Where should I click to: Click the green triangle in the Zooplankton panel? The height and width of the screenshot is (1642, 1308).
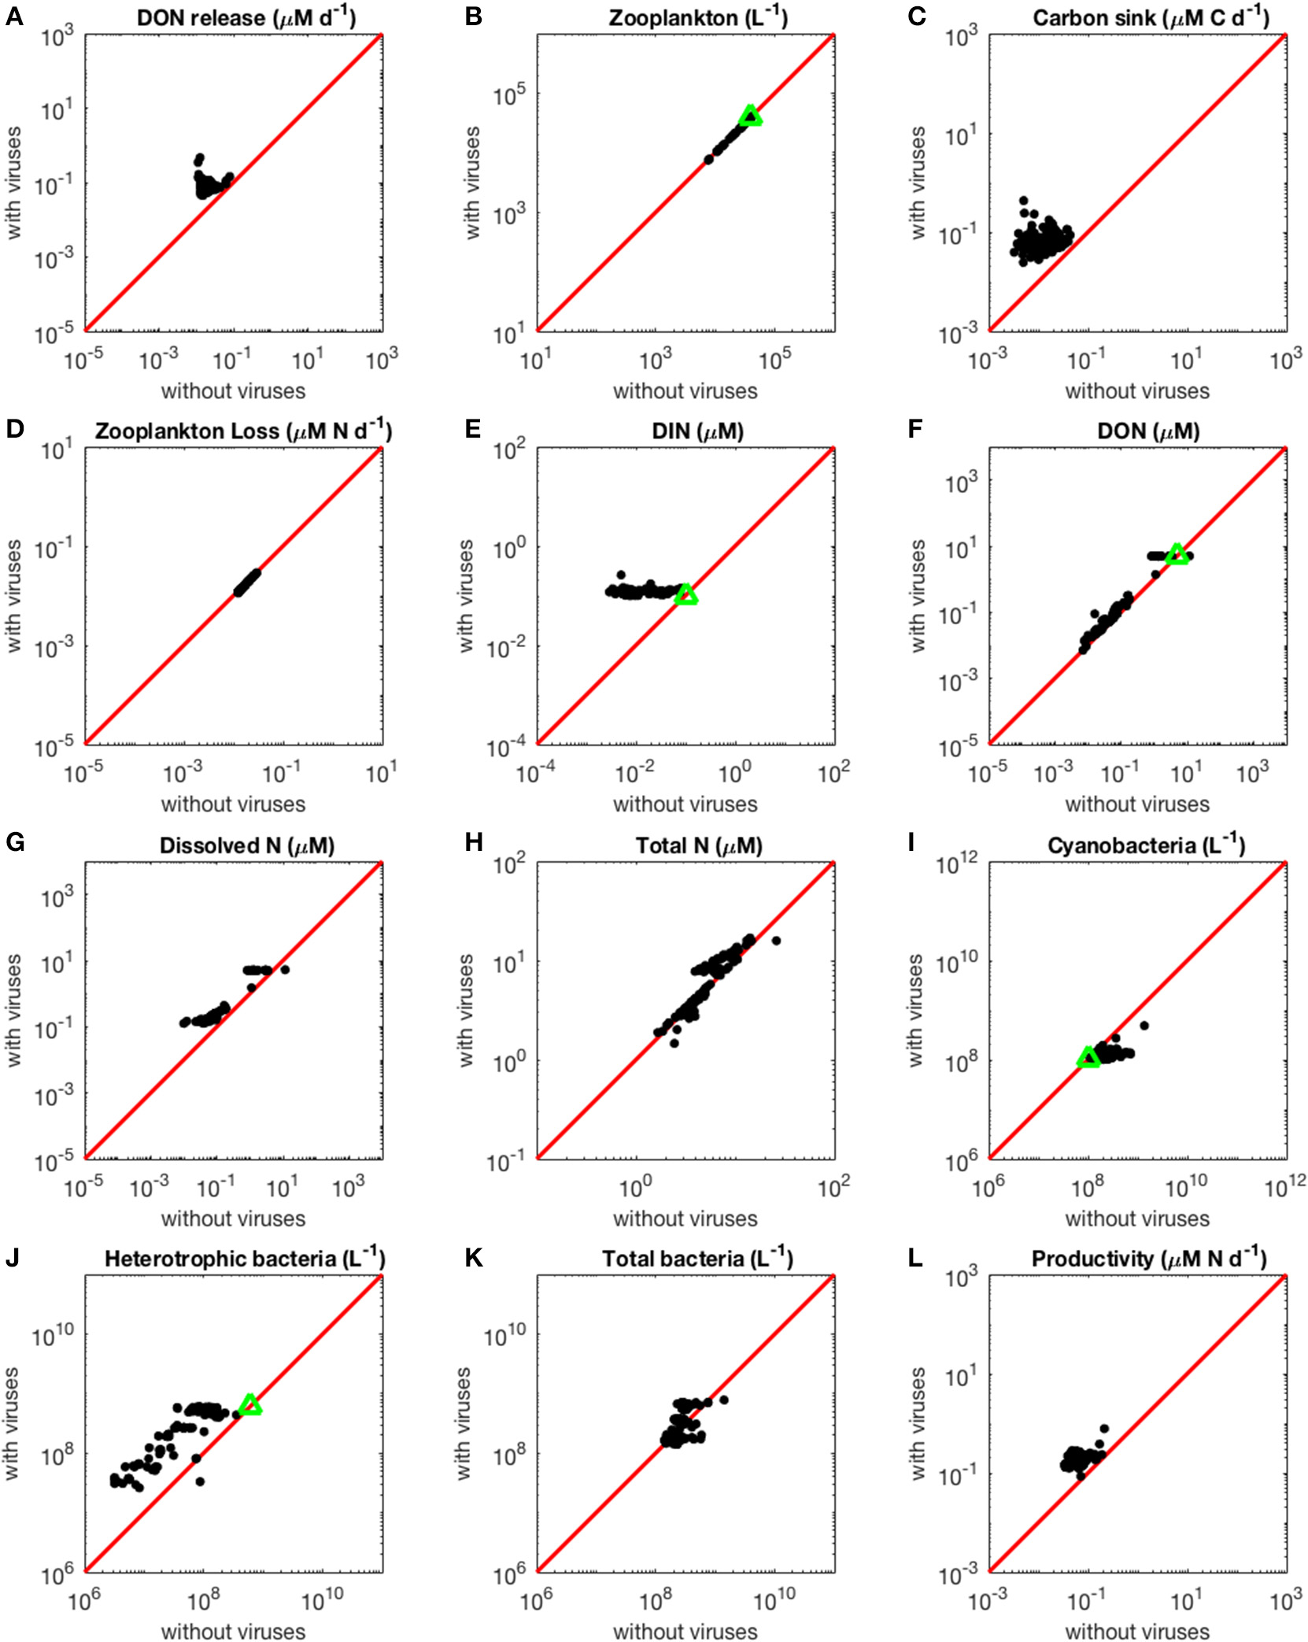point(751,116)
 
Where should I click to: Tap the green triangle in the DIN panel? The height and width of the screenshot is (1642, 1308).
point(686,595)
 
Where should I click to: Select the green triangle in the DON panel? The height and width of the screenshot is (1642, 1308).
point(1177,554)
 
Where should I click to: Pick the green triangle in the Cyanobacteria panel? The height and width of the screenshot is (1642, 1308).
point(1088,1058)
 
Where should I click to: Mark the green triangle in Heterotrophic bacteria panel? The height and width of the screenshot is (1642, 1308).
point(249,1405)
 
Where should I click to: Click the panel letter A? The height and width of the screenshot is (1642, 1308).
point(13,17)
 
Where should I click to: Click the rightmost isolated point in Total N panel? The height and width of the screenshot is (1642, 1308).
point(776,941)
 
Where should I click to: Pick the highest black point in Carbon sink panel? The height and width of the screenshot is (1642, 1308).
point(1023,201)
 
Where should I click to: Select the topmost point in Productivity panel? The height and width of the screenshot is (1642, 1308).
point(1104,1429)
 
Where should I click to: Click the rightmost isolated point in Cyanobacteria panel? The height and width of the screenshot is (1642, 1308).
point(1144,1025)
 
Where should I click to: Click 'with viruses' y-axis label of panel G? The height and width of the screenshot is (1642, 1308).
point(13,1011)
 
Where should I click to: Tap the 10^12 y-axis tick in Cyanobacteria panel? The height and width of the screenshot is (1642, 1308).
point(955,866)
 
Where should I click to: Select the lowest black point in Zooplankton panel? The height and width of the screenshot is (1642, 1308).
point(708,160)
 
